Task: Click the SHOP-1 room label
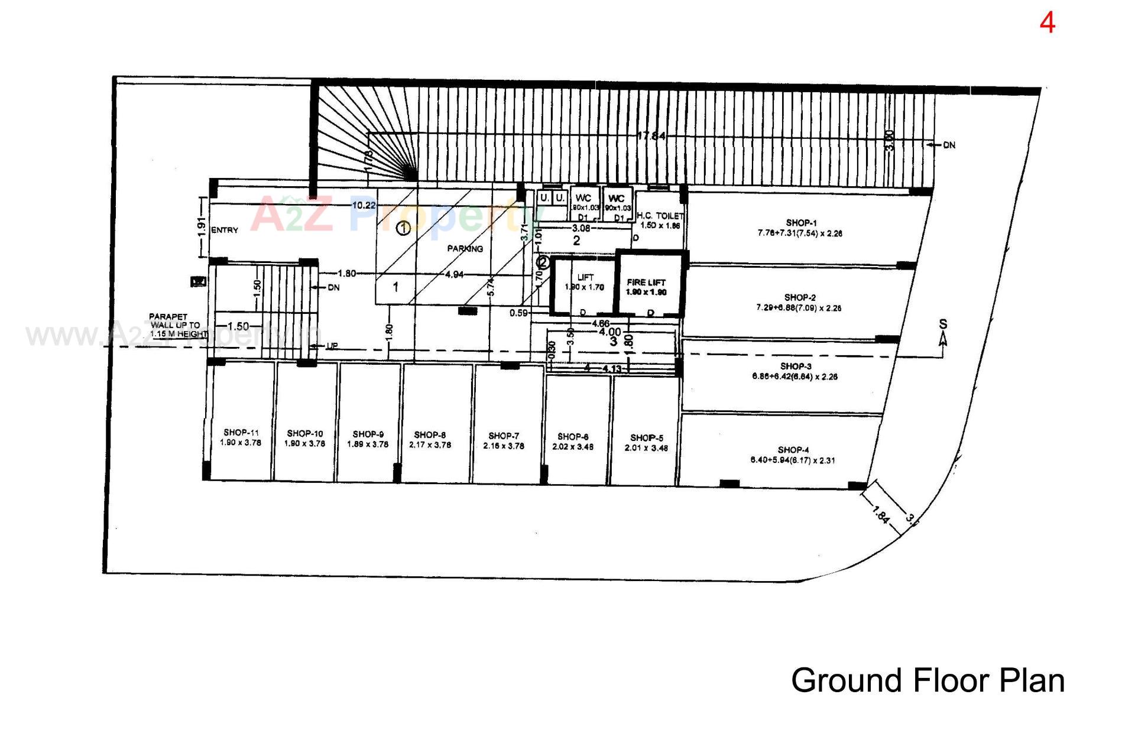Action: [x=801, y=223]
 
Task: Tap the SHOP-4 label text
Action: [x=793, y=450]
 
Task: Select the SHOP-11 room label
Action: [x=241, y=433]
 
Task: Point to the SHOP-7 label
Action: [x=504, y=436]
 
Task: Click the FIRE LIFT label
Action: [x=646, y=283]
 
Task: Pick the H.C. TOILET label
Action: [x=660, y=216]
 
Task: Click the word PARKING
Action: [x=465, y=249]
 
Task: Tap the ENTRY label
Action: [x=225, y=231]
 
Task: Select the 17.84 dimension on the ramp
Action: [x=651, y=136]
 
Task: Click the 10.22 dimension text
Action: [x=364, y=206]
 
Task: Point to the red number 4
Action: [x=1047, y=24]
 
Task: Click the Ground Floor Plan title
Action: [x=928, y=680]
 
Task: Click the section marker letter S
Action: [x=943, y=325]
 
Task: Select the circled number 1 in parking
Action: [x=403, y=228]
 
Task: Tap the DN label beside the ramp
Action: [x=949, y=145]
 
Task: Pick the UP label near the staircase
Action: [x=332, y=346]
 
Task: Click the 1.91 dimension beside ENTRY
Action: [x=201, y=227]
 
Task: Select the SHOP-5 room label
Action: [x=646, y=438]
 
